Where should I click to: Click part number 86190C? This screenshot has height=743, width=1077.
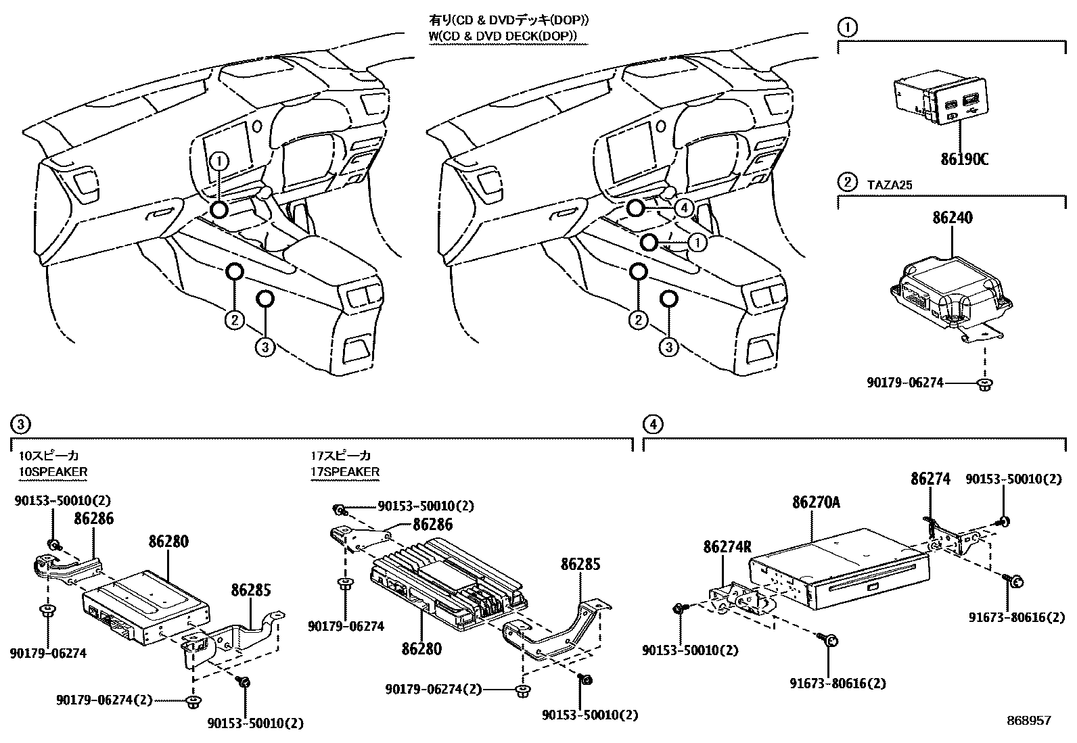tap(964, 160)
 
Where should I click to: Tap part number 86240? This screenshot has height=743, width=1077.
tap(953, 218)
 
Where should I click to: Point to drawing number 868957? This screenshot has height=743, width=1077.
tap(1028, 721)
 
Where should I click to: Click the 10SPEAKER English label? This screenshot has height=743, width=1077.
tap(53, 472)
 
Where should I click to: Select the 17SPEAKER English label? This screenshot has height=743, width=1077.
tap(345, 472)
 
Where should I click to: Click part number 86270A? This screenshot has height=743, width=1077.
tap(816, 503)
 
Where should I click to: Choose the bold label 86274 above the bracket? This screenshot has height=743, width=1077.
tap(930, 479)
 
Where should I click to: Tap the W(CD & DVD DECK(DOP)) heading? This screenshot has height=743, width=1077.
tap(508, 36)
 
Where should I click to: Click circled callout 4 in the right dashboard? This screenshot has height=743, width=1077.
tap(685, 208)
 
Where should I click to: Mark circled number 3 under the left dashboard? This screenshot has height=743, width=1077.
tap(265, 347)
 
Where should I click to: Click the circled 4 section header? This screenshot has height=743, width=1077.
tap(652, 424)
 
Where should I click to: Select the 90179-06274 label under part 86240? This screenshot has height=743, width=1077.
tap(904, 383)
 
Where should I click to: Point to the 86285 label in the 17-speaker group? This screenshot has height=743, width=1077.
tap(580, 563)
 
